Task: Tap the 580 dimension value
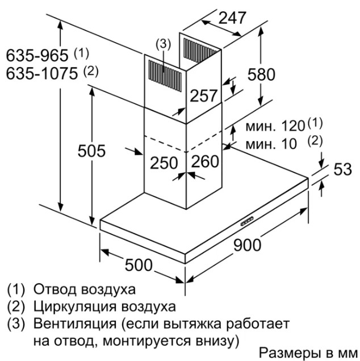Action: (x=261, y=74)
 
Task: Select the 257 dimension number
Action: (x=203, y=96)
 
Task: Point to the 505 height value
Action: (x=92, y=151)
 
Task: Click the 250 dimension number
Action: (x=165, y=162)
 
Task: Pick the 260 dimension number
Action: (x=205, y=162)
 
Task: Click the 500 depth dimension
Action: (x=138, y=265)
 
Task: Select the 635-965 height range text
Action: (x=39, y=56)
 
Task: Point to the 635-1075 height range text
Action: (x=44, y=73)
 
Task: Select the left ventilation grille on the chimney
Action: (x=162, y=72)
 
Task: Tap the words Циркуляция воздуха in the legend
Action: (x=104, y=307)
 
